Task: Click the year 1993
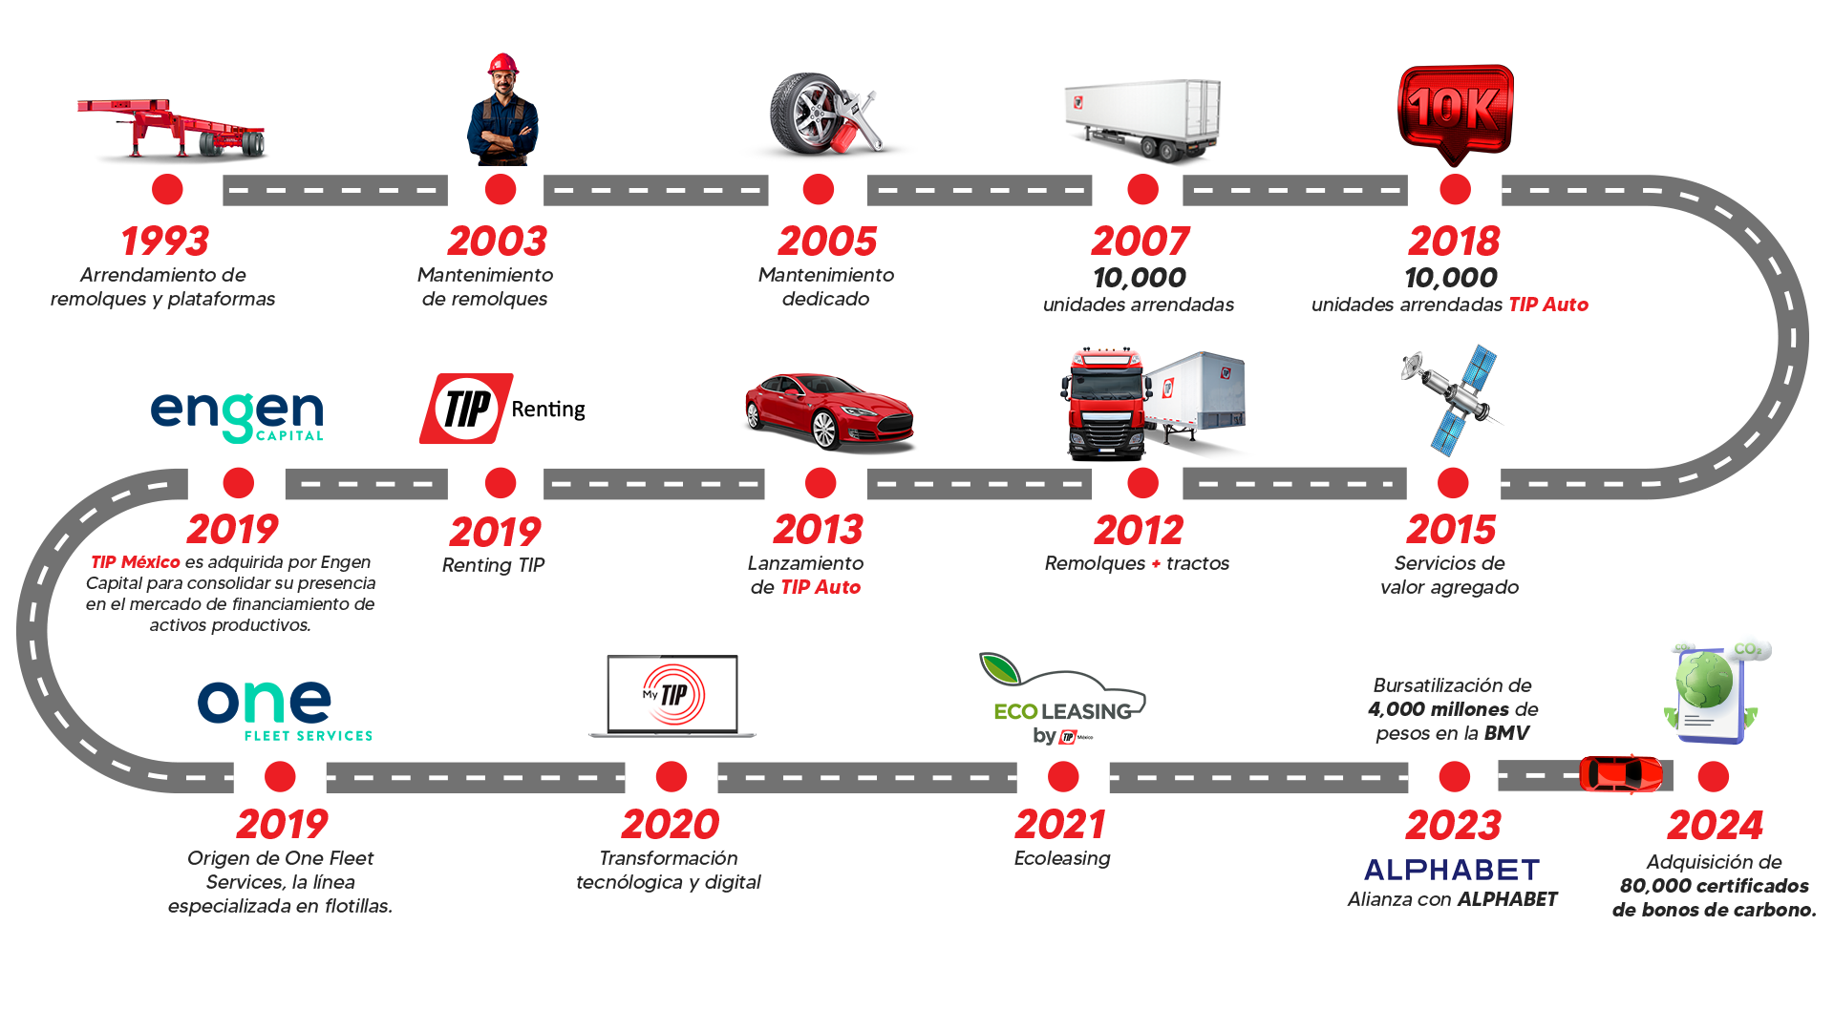(165, 242)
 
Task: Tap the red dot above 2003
(501, 190)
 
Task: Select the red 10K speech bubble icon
(1455, 111)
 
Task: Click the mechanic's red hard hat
(502, 64)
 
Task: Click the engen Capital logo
(237, 416)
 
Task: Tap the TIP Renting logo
(501, 409)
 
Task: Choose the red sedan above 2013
(829, 411)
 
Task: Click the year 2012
(1139, 531)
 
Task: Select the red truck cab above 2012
(1106, 401)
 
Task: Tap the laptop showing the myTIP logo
(672, 696)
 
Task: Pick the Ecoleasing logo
(1062, 702)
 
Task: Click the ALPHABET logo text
(1452, 870)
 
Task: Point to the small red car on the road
(1621, 773)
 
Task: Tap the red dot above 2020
(672, 777)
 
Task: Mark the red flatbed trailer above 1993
(172, 129)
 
